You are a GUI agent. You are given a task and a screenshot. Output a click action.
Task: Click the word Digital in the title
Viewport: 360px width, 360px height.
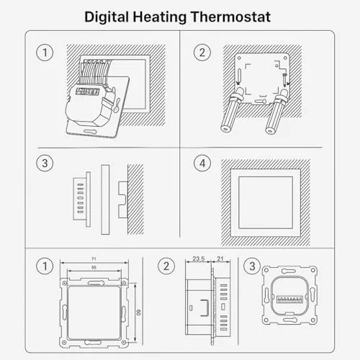point(107,17)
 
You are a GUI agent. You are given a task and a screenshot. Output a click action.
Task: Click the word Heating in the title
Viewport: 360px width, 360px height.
point(160,17)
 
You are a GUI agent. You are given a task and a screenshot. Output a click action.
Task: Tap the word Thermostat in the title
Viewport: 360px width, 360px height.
point(230,17)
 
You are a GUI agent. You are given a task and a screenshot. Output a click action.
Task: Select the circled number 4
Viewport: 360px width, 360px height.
point(202,163)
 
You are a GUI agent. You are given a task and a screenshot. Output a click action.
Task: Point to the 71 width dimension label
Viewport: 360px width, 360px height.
point(94,258)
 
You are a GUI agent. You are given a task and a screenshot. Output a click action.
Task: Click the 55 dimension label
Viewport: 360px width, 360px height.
point(94,267)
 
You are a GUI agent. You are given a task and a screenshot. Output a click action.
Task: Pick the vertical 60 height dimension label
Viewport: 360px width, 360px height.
point(138,312)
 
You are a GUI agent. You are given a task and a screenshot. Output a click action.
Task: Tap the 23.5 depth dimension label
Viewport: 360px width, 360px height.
point(199,258)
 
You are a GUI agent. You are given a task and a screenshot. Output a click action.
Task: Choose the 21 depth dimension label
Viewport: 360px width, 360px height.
point(220,258)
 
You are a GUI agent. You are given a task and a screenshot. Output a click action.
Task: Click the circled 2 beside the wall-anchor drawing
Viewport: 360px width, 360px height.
point(202,53)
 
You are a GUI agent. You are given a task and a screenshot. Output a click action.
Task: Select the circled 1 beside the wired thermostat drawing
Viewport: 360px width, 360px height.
point(45,53)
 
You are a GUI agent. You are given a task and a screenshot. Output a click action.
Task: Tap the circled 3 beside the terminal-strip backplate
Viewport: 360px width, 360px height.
point(252,266)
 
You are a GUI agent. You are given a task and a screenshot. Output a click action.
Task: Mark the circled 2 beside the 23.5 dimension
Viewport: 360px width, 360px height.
point(166,266)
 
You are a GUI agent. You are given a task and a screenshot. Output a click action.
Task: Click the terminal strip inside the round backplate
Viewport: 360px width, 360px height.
point(289,300)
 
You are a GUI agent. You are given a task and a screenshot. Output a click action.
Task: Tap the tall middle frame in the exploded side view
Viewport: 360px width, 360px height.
point(105,199)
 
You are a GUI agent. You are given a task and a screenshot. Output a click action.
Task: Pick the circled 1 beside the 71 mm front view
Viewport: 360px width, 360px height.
point(45,266)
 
